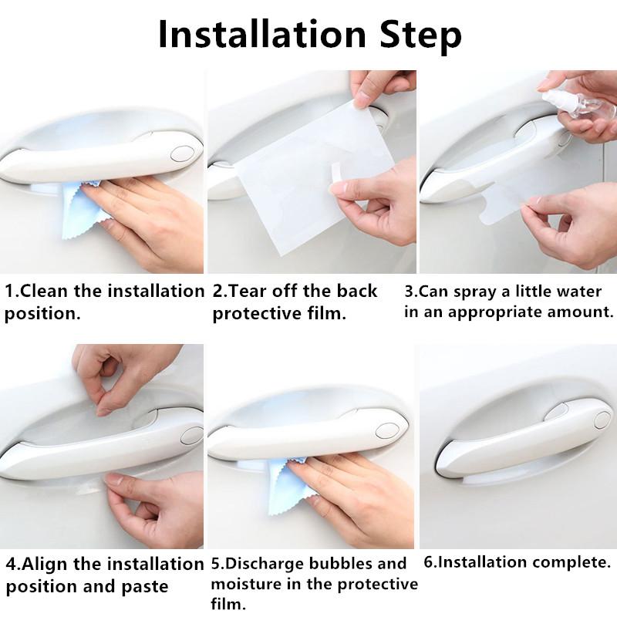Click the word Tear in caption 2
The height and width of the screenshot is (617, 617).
pyautogui.click(x=249, y=292)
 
